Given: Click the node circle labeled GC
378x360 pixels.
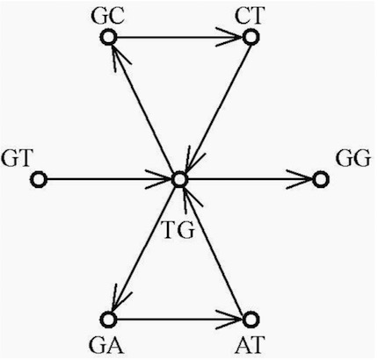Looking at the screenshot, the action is pos(109,37).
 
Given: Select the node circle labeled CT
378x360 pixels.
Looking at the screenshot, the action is pos(251,37).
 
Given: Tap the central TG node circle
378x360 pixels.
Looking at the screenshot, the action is pos(179,180).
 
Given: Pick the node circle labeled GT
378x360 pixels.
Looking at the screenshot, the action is pos(39,179).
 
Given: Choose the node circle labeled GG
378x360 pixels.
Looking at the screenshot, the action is pos(321,179).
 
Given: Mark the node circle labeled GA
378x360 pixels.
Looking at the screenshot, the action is pos(109,320).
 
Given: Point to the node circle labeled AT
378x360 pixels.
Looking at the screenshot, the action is pos(251,320).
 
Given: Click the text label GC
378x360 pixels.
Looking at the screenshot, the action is pos(107,17).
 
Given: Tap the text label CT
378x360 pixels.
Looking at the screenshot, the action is pos(250,16).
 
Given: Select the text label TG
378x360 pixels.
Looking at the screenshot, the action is pos(178,230).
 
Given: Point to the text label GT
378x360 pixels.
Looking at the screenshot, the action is pos(17,158).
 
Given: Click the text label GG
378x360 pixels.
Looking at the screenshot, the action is pos(353,158).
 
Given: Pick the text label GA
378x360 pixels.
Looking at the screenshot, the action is pos(106,345).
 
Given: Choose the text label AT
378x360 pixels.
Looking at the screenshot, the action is pos(250,345).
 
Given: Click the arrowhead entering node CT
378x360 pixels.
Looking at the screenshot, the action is pos(229,37).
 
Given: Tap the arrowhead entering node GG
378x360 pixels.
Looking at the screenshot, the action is pos(300,179).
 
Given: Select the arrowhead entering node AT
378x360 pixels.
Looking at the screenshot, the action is pos(229,320).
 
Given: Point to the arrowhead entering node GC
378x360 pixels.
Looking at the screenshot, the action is pos(120,58).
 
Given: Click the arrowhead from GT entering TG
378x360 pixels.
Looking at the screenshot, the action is pos(158,179).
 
